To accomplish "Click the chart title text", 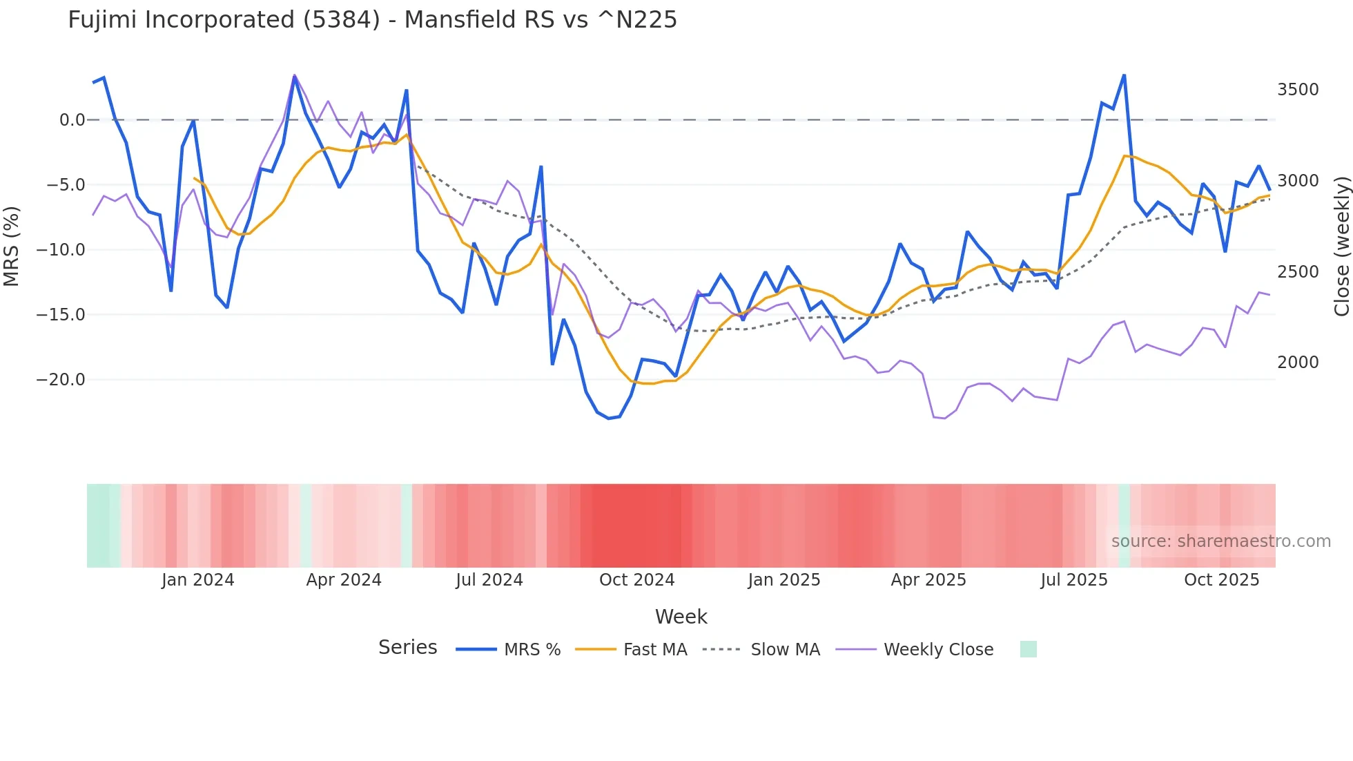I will (x=372, y=20).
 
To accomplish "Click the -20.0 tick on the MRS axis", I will (x=61, y=380).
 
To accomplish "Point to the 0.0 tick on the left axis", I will (x=72, y=120).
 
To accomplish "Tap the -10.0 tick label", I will (x=61, y=250).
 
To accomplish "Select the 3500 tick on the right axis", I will (x=1298, y=90).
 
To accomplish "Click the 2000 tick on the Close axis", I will (x=1298, y=363).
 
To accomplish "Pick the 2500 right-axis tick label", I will (x=1298, y=272).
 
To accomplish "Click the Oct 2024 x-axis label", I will (x=636, y=580).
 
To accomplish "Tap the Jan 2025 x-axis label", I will (x=783, y=580).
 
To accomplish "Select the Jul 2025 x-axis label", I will (x=1073, y=580).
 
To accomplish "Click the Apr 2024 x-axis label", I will (x=344, y=580).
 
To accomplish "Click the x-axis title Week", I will (x=681, y=617).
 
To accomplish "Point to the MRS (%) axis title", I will (x=12, y=246).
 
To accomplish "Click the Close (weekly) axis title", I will (x=1341, y=246).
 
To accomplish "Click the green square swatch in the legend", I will (x=1028, y=649).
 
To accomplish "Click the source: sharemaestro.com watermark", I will (x=1220, y=541).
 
